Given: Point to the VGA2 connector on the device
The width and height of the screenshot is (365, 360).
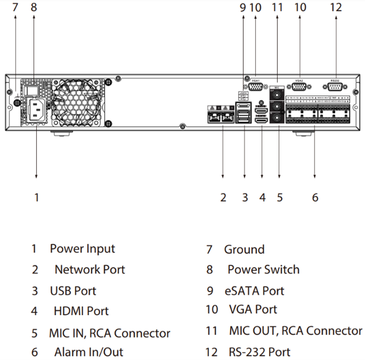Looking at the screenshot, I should [299, 87].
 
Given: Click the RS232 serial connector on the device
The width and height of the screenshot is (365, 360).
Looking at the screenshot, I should [336, 87].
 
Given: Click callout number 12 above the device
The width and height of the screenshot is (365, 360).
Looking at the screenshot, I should [336, 7].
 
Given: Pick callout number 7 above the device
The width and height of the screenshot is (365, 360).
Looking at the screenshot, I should [15, 7].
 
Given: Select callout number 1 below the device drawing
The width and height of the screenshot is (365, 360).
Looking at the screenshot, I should [36, 197].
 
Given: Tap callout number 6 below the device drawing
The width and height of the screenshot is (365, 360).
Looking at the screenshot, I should [315, 197].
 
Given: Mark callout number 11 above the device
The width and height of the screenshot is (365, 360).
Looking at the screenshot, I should [277, 7].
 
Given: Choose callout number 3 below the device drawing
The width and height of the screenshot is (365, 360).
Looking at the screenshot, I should [245, 197].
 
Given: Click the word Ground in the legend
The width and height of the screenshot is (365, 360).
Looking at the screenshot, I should [244, 250].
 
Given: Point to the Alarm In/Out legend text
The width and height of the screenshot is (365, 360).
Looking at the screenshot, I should [88, 352].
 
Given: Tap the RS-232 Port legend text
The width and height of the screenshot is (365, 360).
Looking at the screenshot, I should [259, 352].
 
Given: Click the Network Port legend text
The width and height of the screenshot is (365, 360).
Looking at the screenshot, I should [90, 269].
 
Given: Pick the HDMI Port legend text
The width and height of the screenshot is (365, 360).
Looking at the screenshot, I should [81, 311].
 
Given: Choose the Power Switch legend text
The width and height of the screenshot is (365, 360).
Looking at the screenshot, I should [263, 270].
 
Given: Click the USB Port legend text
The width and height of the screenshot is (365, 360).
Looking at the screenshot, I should [73, 291].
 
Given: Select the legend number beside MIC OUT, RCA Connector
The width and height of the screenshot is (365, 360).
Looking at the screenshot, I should [212, 331].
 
